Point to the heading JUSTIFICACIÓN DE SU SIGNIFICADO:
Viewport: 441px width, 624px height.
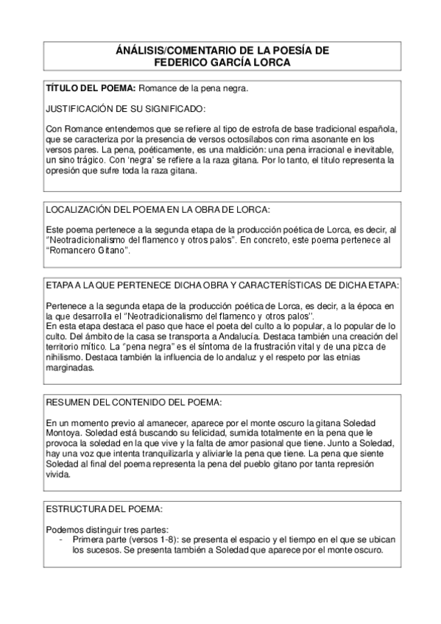tap(124, 109)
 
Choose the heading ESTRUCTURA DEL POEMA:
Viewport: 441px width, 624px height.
tap(99, 508)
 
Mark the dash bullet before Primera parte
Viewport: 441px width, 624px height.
tap(60, 539)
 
